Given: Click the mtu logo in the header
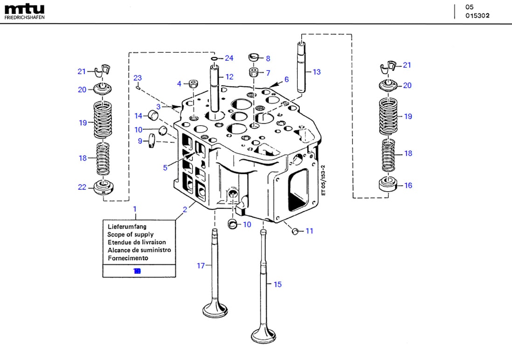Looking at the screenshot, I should (24, 8).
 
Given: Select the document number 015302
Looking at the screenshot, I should (477, 15).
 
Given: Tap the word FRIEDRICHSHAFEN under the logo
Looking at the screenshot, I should (24, 18).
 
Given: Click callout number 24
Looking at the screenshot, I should (228, 58).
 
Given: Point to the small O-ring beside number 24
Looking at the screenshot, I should (214, 59).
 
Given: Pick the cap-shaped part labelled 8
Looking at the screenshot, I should (254, 57).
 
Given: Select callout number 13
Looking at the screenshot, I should (317, 72).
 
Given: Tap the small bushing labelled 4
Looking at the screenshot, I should (193, 84).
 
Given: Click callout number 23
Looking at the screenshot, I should (137, 78).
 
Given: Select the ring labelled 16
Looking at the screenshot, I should (388, 185).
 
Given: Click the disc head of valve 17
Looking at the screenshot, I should (214, 310).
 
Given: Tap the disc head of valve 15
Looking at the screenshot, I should (263, 334).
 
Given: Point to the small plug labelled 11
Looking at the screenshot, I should (295, 231).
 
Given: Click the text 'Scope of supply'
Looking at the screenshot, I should (130, 235).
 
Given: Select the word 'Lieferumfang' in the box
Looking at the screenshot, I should (127, 227).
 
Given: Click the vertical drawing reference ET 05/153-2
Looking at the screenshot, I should (322, 180).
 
